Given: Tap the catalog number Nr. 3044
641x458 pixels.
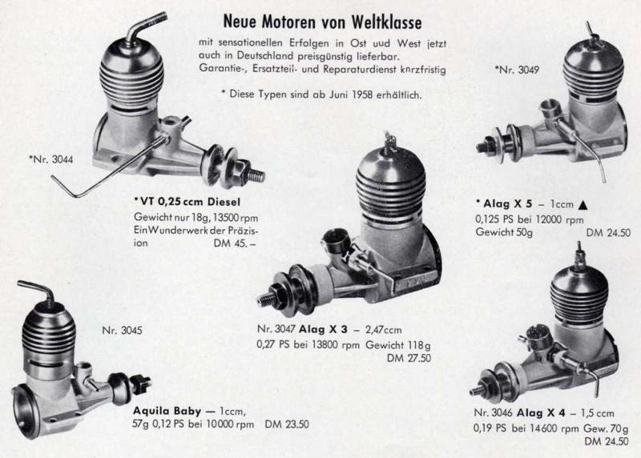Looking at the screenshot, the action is (x=51, y=159).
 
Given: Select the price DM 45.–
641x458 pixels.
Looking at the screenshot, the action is (x=234, y=243).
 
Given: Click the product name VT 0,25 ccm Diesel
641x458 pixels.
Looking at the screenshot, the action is (x=187, y=202).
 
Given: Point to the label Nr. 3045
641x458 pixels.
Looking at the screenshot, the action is (x=122, y=330).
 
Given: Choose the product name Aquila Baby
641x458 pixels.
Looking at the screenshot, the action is (x=167, y=411).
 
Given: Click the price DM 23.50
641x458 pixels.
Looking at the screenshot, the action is (x=287, y=424).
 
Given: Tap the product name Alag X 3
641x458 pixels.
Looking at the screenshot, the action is (x=323, y=329).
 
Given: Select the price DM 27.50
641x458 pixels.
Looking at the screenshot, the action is (x=409, y=358).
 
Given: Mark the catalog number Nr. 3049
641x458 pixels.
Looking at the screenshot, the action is (x=517, y=70).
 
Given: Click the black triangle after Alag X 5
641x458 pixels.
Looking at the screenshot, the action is (x=583, y=205).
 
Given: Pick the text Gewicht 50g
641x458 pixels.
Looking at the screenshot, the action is (x=504, y=232).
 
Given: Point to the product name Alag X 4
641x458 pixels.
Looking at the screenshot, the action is (x=541, y=413).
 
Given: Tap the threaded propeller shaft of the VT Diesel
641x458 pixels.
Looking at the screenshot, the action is (x=256, y=175).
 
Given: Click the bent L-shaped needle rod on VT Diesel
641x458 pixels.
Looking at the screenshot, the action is (x=107, y=168).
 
